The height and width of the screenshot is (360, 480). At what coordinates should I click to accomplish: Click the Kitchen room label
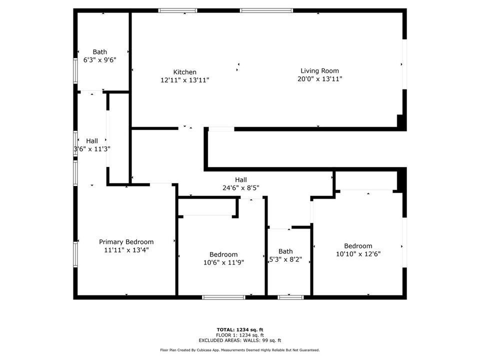tap(185, 72)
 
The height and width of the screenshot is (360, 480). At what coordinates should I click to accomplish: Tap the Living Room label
tap(319, 70)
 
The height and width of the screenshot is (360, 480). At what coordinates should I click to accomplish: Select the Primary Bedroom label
tap(126, 242)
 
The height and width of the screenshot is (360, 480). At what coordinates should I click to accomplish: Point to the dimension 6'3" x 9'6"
tap(100, 59)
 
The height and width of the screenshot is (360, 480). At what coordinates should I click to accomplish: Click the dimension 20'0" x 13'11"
tap(319, 78)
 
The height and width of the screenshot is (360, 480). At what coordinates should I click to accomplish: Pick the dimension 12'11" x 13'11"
tap(185, 80)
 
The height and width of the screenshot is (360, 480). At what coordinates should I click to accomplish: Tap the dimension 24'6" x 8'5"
tap(241, 187)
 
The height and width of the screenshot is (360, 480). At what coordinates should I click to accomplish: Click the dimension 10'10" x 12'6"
tap(358, 254)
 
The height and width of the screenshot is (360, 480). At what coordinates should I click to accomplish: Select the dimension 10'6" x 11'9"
tap(223, 262)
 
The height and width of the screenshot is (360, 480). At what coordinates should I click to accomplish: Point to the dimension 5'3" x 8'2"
tap(285, 259)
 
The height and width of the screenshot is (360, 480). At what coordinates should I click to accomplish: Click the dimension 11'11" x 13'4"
tap(126, 250)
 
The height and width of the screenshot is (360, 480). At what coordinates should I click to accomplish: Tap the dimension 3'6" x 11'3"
tap(92, 149)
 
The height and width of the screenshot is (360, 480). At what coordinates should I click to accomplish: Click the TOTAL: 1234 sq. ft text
tap(240, 329)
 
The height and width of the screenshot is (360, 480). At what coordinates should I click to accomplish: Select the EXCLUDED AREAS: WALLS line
tap(240, 340)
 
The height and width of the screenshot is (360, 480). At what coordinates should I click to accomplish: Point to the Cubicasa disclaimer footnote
tap(240, 350)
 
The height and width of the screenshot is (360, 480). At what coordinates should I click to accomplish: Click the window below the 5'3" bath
tap(290, 297)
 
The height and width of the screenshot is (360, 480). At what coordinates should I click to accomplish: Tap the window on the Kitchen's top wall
tap(178, 10)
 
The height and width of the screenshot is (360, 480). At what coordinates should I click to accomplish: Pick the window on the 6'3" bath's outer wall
tap(75, 70)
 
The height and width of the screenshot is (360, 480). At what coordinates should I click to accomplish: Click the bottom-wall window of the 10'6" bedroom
tap(224, 297)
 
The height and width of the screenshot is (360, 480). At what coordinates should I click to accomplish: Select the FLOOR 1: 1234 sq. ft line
tap(240, 335)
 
